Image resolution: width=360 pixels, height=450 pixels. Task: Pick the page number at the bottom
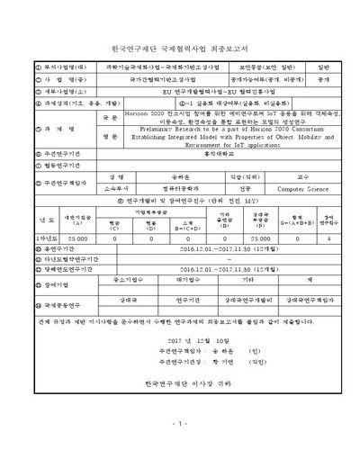point(180,424)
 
